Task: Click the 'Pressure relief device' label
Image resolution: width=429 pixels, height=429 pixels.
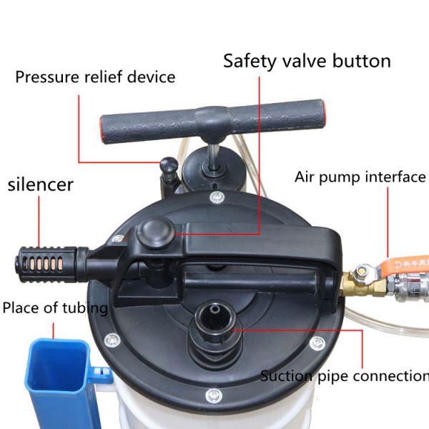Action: [95, 77]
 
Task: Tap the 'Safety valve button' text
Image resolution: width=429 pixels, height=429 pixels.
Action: [307, 61]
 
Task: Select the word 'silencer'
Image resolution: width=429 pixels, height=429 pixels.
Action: [41, 184]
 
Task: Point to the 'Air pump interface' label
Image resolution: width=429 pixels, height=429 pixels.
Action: [360, 177]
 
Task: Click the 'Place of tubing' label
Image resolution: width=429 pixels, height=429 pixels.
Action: [55, 307]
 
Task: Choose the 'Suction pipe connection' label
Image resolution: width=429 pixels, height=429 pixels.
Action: [345, 375]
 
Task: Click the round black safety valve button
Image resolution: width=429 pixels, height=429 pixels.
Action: [156, 233]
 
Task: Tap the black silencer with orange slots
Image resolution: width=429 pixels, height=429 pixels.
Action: [46, 264]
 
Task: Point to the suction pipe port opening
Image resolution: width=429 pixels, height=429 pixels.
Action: [215, 318]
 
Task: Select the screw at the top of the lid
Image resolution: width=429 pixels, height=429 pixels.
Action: [217, 197]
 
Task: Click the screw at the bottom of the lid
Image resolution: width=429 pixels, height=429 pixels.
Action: [214, 395]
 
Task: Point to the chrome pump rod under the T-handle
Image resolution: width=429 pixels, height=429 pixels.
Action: [212, 157]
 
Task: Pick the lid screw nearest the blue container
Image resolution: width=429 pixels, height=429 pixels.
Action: [112, 340]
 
